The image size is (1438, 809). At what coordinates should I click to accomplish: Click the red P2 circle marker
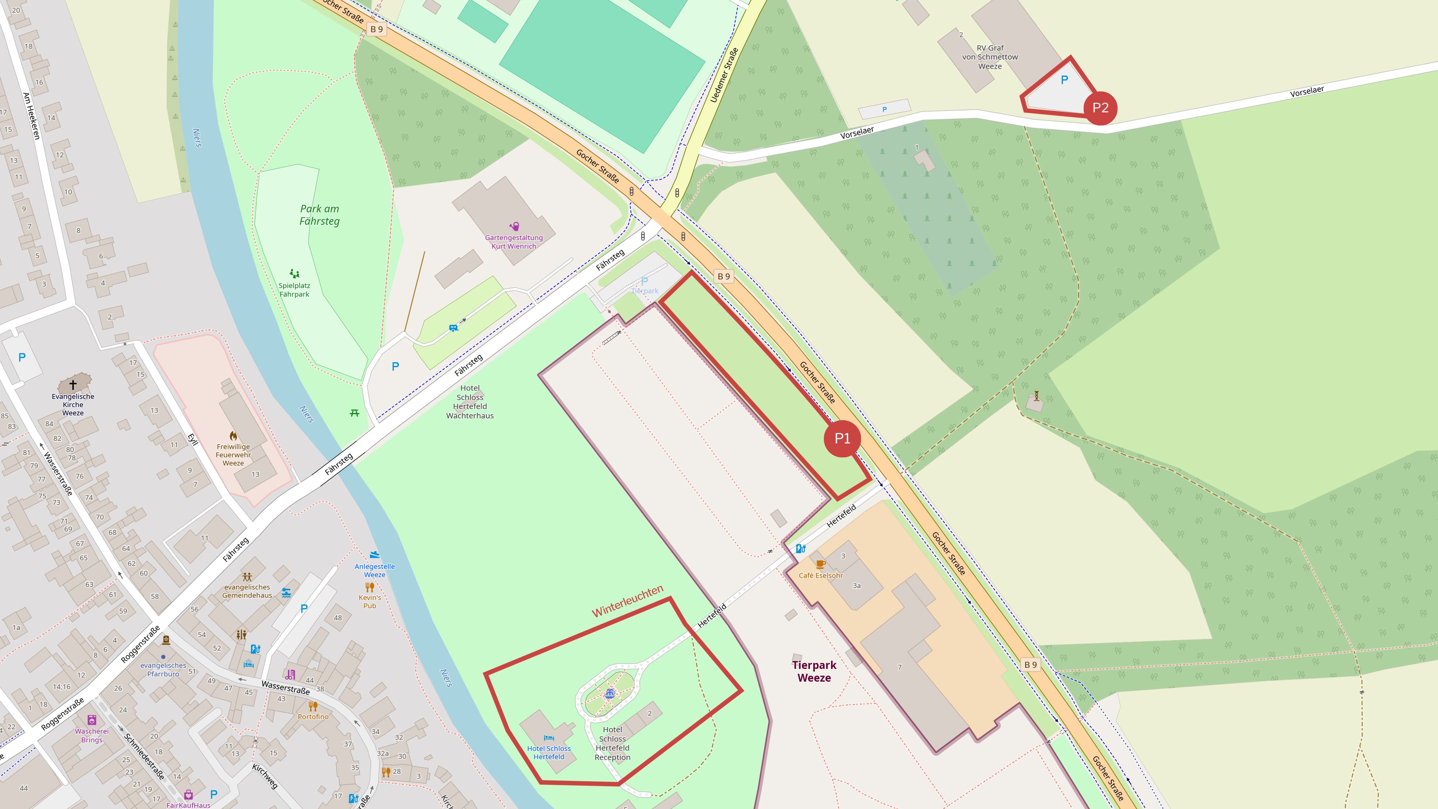pyautogui.click(x=1100, y=108)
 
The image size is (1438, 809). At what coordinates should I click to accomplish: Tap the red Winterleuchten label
pyautogui.click(x=628, y=601)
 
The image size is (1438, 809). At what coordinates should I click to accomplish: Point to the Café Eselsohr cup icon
pyautogui.click(x=820, y=564)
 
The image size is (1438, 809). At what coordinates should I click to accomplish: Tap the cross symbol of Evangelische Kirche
pyautogui.click(x=73, y=385)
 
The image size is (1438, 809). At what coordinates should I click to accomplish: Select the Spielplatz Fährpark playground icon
pyautogui.click(x=294, y=273)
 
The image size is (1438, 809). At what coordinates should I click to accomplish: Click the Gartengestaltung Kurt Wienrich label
pyautogui.click(x=513, y=242)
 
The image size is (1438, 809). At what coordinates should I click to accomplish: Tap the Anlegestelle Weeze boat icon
pyautogui.click(x=374, y=555)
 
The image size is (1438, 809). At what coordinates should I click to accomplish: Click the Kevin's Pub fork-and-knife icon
pyautogui.click(x=370, y=587)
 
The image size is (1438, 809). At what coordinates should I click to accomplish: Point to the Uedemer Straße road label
pyautogui.click(x=724, y=75)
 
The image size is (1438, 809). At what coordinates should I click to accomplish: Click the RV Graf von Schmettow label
pyautogui.click(x=990, y=57)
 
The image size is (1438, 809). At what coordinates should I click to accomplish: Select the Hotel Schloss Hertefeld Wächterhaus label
pyautogui.click(x=470, y=402)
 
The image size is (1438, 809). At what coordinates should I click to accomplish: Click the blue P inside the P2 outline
pyautogui.click(x=1064, y=80)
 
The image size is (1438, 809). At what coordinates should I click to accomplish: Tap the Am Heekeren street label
pyautogui.click(x=31, y=116)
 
